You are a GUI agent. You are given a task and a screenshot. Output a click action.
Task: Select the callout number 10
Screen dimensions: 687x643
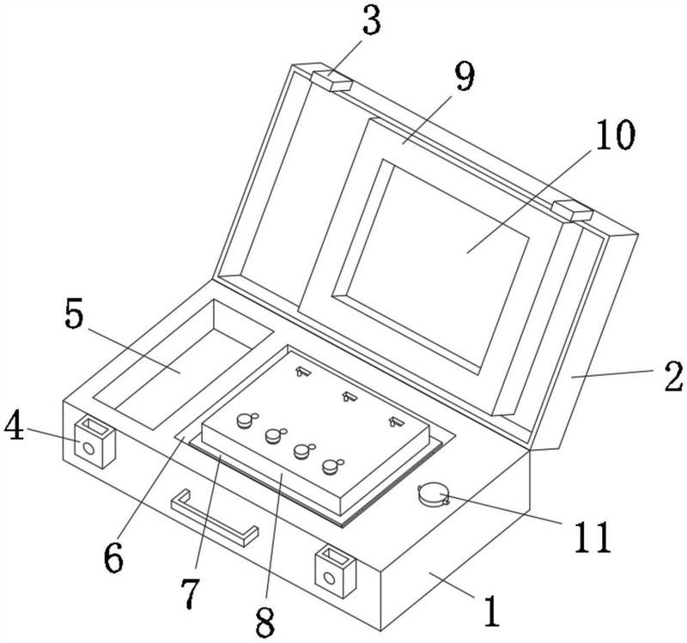tap(615, 134)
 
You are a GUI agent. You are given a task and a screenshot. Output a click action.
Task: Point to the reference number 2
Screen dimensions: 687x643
tap(673, 376)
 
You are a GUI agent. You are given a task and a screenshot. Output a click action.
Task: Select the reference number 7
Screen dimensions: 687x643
tap(191, 593)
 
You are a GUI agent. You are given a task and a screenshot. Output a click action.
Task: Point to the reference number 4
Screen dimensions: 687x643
tap(14, 424)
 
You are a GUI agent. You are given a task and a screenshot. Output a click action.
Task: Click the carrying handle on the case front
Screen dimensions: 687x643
tap(214, 518)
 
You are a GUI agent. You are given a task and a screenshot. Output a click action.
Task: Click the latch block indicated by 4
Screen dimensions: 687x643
tap(94, 441)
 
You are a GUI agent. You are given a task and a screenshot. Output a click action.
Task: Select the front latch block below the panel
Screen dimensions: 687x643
tap(336, 572)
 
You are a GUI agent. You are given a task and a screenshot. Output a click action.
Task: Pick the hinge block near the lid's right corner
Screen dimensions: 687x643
tap(572, 210)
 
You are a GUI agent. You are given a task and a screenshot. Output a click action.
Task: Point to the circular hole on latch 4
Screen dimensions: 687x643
tap(88, 448)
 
